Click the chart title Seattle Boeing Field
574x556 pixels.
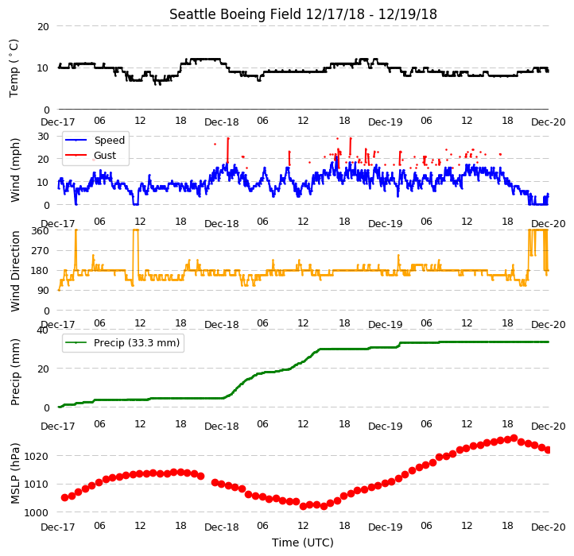[235, 14]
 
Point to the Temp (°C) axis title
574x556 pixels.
[14, 68]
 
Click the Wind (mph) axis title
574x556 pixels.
[14, 170]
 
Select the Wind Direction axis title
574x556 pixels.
[14, 271]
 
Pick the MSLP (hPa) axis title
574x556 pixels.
[14, 473]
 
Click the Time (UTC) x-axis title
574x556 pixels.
[303, 542]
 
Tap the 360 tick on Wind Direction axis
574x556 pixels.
[40, 231]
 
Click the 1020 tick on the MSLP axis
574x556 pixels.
[37, 456]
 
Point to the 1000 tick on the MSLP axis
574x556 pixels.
[37, 512]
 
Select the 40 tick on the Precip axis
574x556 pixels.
[43, 330]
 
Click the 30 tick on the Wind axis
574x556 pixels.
[43, 137]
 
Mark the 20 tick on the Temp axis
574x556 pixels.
[43, 26]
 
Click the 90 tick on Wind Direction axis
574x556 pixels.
[43, 291]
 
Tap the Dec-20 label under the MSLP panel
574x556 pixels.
[549, 527]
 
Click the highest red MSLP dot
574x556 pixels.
[514, 438]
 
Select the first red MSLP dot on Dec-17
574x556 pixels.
[65, 497]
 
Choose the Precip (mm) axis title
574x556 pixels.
[14, 372]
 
